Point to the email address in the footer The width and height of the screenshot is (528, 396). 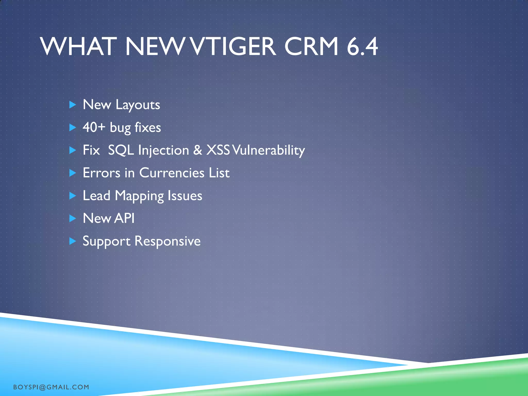(x=51, y=387)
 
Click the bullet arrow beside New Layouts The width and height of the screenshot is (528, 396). (x=73, y=105)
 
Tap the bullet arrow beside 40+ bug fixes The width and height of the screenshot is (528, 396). (x=73, y=127)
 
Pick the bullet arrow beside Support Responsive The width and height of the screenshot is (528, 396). (x=73, y=241)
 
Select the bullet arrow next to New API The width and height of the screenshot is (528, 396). (x=73, y=219)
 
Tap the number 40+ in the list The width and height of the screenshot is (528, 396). (x=94, y=127)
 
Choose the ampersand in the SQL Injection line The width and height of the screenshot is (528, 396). (x=198, y=150)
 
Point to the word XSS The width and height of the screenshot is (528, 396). (x=218, y=150)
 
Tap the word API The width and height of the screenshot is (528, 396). (x=124, y=218)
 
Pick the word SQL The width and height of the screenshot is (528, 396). (x=121, y=150)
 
